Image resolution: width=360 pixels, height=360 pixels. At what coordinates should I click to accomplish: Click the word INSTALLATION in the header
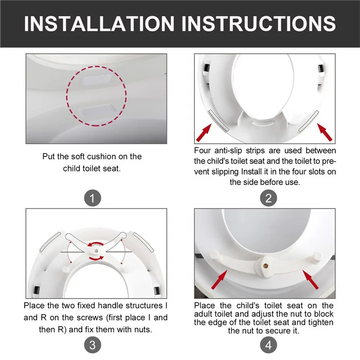point(99,23)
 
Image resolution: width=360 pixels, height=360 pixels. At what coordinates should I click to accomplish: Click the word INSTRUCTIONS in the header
point(259,23)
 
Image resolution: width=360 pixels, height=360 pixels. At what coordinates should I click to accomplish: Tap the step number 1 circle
point(93,198)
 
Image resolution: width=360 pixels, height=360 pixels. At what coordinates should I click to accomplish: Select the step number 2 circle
point(268,198)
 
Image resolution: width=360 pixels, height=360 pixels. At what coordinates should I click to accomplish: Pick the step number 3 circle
point(93,345)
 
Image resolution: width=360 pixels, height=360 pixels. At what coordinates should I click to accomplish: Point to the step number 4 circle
point(268,345)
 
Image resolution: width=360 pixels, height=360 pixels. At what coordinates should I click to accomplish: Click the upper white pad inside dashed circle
point(97,81)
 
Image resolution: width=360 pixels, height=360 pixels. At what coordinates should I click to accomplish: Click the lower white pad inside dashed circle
point(97,110)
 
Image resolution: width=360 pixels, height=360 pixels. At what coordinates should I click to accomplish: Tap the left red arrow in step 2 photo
point(204,132)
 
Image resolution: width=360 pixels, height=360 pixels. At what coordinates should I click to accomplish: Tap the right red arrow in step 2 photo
point(324,132)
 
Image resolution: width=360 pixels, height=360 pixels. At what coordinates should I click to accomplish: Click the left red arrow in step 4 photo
point(219,279)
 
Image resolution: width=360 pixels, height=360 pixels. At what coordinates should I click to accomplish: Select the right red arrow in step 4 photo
point(310,279)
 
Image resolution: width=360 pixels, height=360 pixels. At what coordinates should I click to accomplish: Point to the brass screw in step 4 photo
point(266,266)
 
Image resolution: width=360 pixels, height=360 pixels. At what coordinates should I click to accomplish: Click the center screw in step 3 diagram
point(96,251)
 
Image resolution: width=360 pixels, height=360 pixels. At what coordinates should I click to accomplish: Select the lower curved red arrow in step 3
point(97,258)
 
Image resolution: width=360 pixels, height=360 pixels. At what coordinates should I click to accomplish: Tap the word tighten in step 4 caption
point(321,322)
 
